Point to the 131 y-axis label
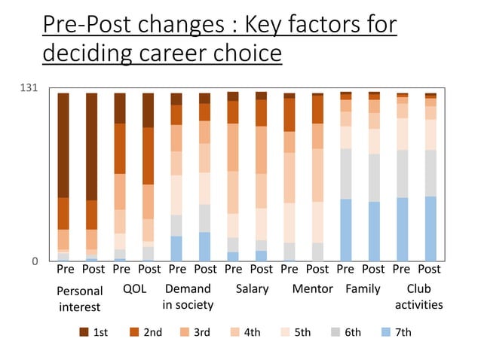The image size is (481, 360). click(x=28, y=89)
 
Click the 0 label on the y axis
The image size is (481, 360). click(x=34, y=261)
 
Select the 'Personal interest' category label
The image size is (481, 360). click(x=80, y=297)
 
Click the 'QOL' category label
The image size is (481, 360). click(x=134, y=288)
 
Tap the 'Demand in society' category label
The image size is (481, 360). click(x=188, y=297)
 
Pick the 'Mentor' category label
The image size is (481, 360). click(x=312, y=288)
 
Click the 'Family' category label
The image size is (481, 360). click(x=363, y=288)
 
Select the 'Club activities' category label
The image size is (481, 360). click(x=418, y=297)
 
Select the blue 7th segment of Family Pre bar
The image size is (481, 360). click(x=345, y=230)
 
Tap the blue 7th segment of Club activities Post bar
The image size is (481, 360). click(x=430, y=228)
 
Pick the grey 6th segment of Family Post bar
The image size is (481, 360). click(x=374, y=178)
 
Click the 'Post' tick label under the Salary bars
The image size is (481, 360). click(x=262, y=269)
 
